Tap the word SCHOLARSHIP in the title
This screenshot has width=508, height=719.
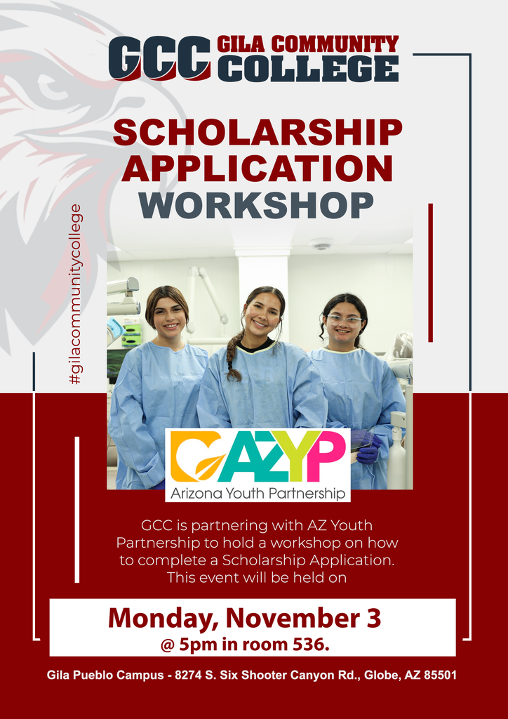258,133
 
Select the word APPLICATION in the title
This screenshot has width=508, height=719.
261,169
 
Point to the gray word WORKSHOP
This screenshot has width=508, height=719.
256,204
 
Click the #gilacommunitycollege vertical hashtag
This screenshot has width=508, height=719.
75,294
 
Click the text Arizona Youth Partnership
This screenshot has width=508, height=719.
258,494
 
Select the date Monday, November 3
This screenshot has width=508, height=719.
244,618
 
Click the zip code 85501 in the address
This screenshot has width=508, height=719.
437,675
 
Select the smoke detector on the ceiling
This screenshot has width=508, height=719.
321,245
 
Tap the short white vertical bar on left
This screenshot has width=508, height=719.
77,509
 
